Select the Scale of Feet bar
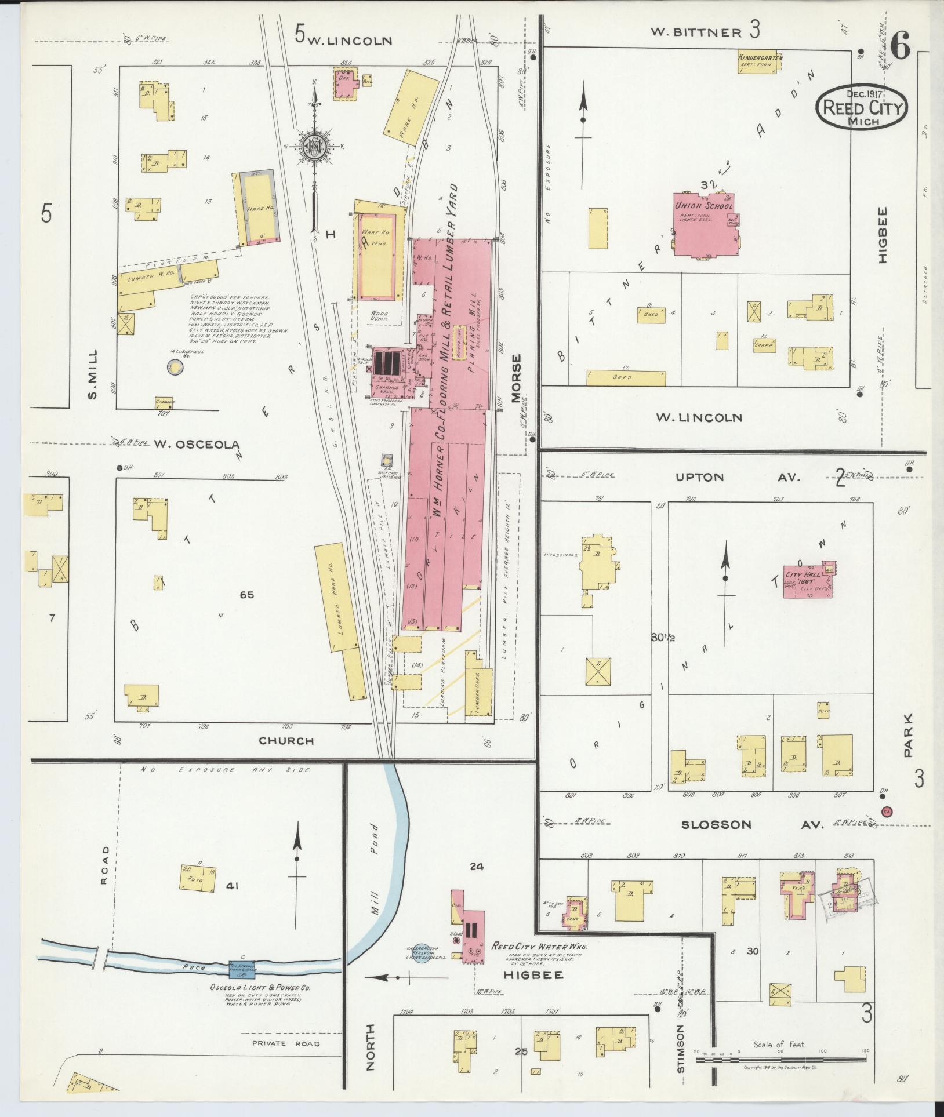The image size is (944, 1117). pos(780,1060)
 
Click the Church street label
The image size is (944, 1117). pos(286,740)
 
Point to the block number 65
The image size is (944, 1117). pos(247,594)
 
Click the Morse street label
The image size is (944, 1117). pos(517,377)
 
